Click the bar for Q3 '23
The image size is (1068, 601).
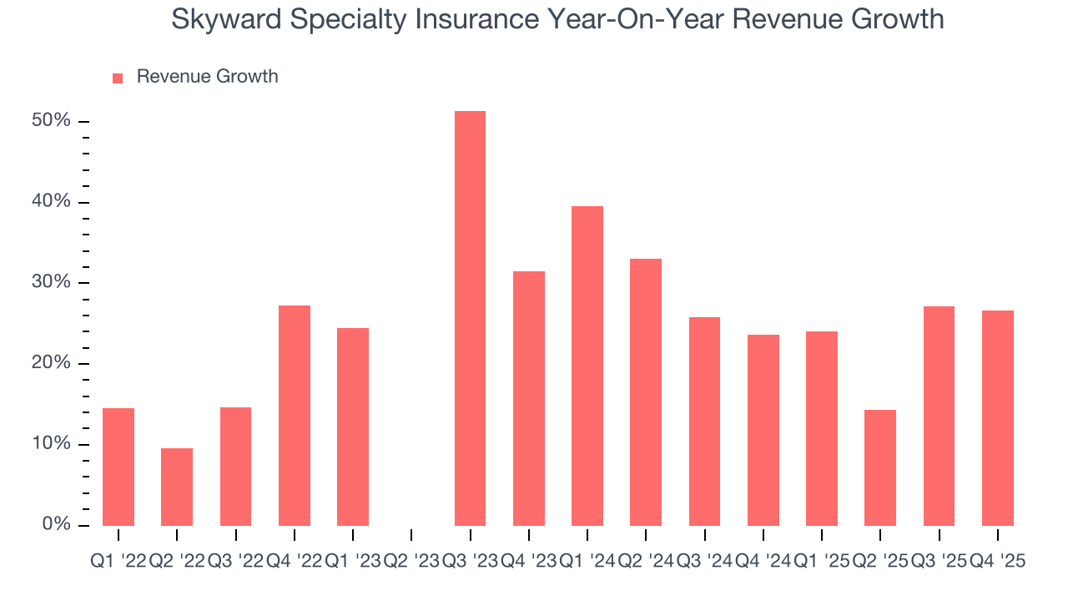470,318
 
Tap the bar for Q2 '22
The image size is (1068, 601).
177,487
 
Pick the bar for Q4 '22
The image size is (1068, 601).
294,415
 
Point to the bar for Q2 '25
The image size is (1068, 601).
880,467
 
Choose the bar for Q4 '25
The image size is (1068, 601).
997,417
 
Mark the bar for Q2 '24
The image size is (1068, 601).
646,391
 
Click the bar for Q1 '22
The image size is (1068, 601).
118,467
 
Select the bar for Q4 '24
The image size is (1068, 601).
763,430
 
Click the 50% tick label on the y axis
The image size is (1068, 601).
51,121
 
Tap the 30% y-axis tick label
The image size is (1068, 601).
51,282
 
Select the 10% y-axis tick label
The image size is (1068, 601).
51,444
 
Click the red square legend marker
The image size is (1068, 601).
118,78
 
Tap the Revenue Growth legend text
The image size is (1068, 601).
207,77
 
